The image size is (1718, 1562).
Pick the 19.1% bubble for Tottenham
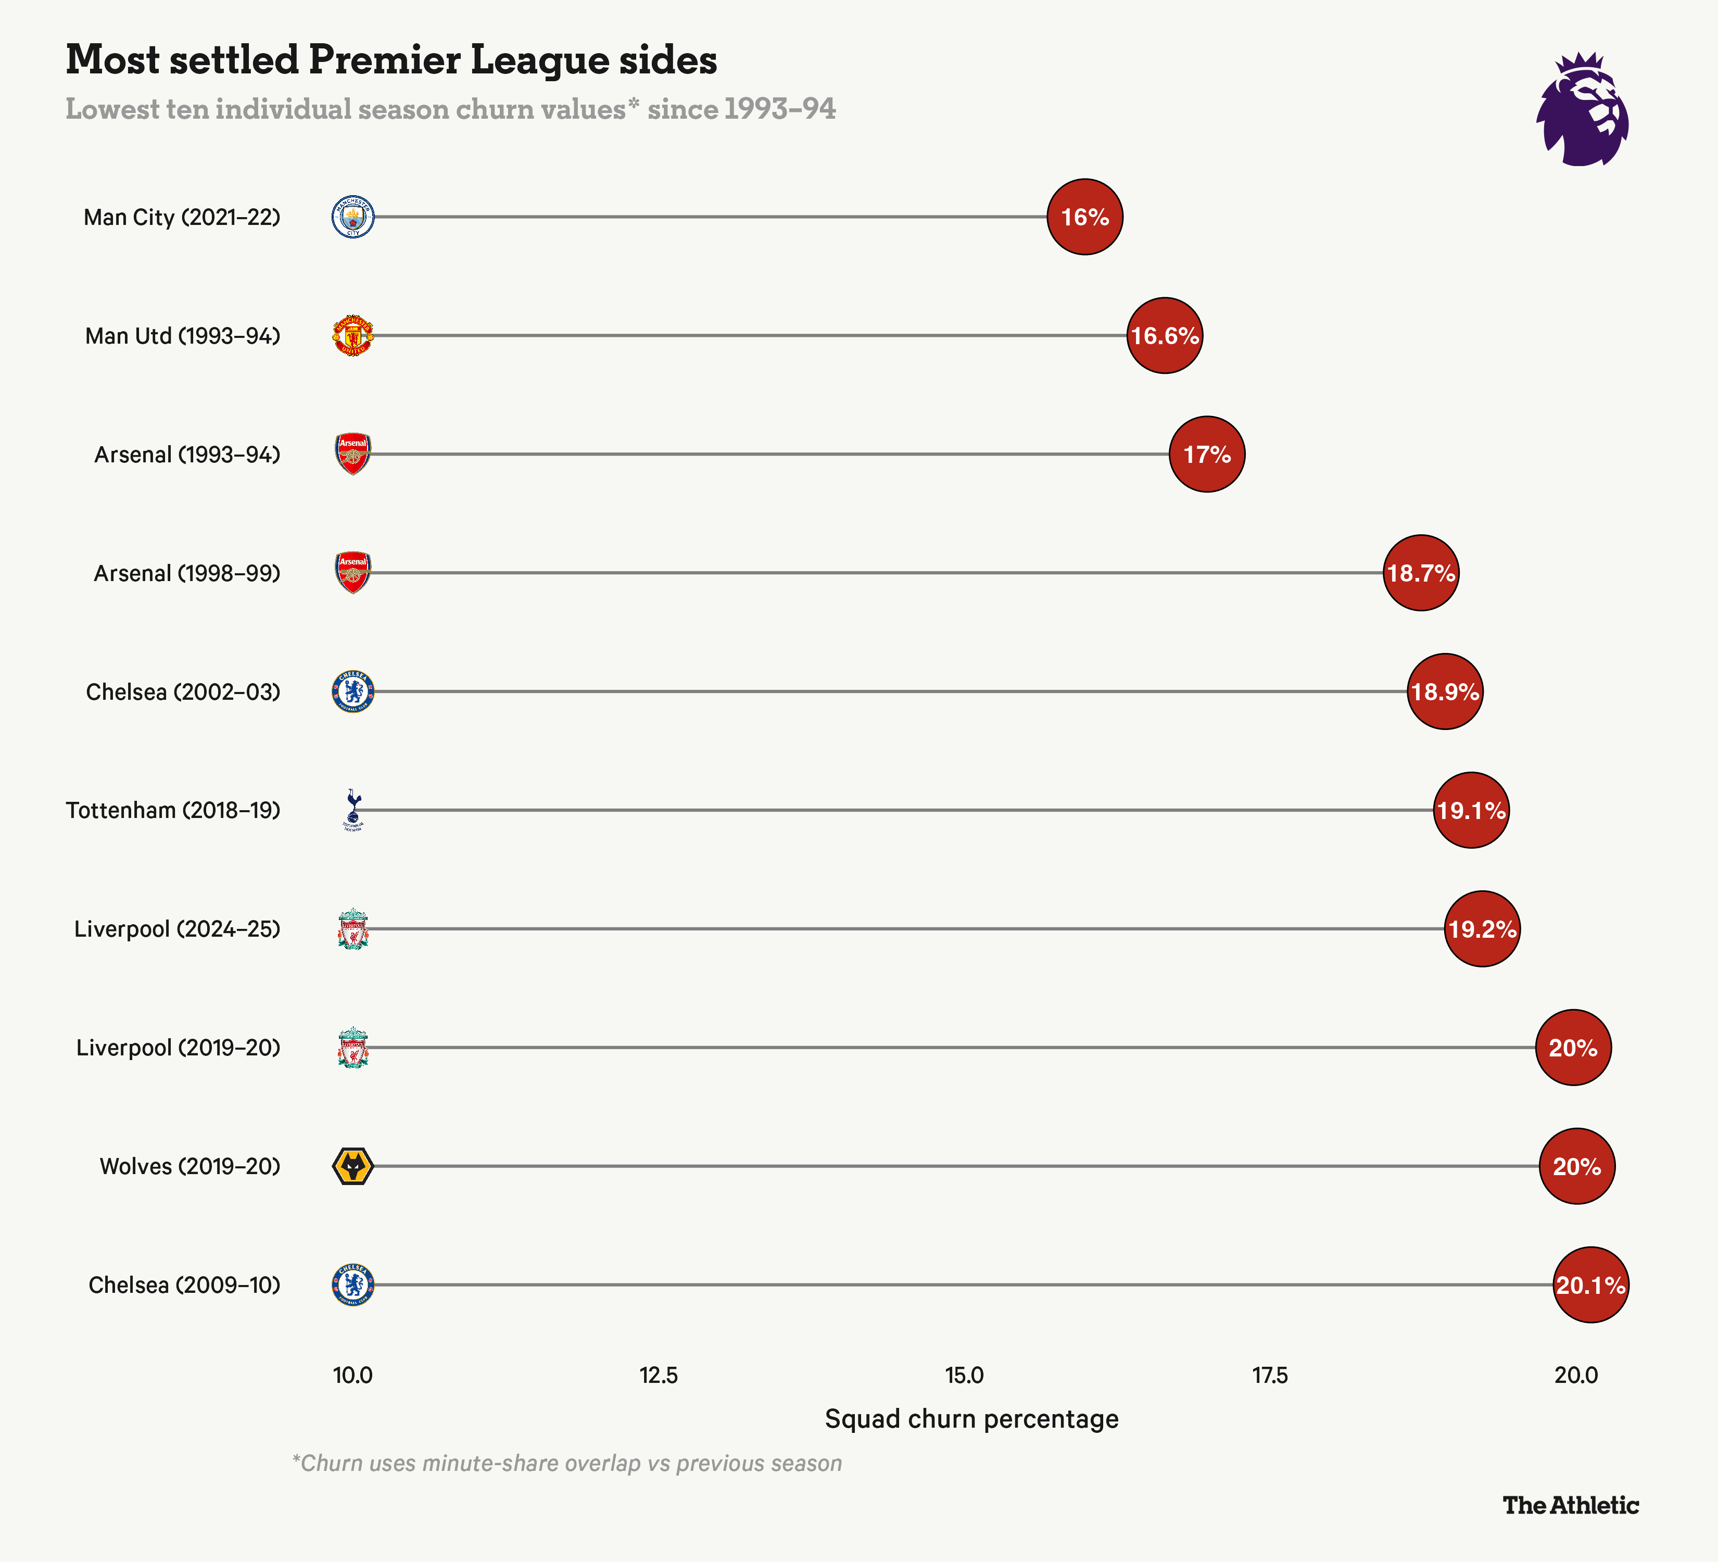pyautogui.click(x=1471, y=810)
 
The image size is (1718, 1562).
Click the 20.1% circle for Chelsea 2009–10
pyautogui.click(x=1590, y=1285)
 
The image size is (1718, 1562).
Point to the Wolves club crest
pyautogui.click(x=353, y=1166)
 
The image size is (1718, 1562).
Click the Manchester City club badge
pyautogui.click(x=353, y=217)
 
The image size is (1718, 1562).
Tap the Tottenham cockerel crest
pyautogui.click(x=353, y=810)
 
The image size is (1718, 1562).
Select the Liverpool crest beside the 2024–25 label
pyautogui.click(x=353, y=929)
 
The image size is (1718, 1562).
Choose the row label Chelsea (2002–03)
pyautogui.click(x=183, y=692)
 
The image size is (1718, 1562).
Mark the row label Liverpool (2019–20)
pyautogui.click(x=178, y=1047)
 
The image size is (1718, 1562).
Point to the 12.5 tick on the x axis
pyautogui.click(x=659, y=1376)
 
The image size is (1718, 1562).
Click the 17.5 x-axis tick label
pyautogui.click(x=1270, y=1376)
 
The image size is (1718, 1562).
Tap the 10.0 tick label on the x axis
pyautogui.click(x=353, y=1376)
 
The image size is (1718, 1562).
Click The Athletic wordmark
pyautogui.click(x=1571, y=1506)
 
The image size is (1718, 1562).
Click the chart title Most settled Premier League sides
pyautogui.click(x=391, y=60)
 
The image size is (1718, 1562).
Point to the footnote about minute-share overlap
pyautogui.click(x=567, y=1463)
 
